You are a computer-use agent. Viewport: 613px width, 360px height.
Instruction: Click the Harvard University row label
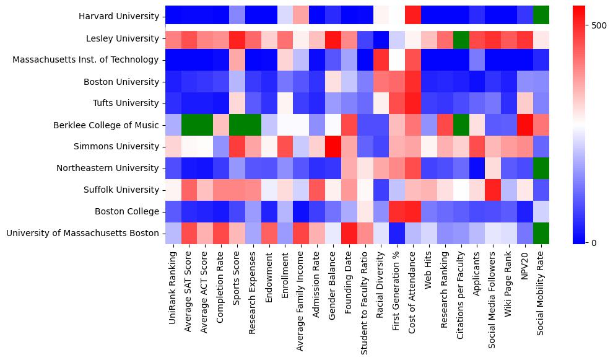click(119, 17)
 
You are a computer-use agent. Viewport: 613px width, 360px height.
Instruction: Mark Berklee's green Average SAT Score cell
click(189, 125)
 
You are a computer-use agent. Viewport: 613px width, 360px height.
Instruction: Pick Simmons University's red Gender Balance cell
click(333, 147)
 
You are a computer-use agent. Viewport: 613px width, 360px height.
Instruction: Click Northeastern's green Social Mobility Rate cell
click(541, 169)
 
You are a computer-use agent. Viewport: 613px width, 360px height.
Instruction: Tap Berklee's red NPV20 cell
click(525, 125)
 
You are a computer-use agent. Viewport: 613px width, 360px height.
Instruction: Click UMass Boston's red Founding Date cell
click(349, 234)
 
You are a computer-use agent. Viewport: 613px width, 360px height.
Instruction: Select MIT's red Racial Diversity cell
click(381, 60)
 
